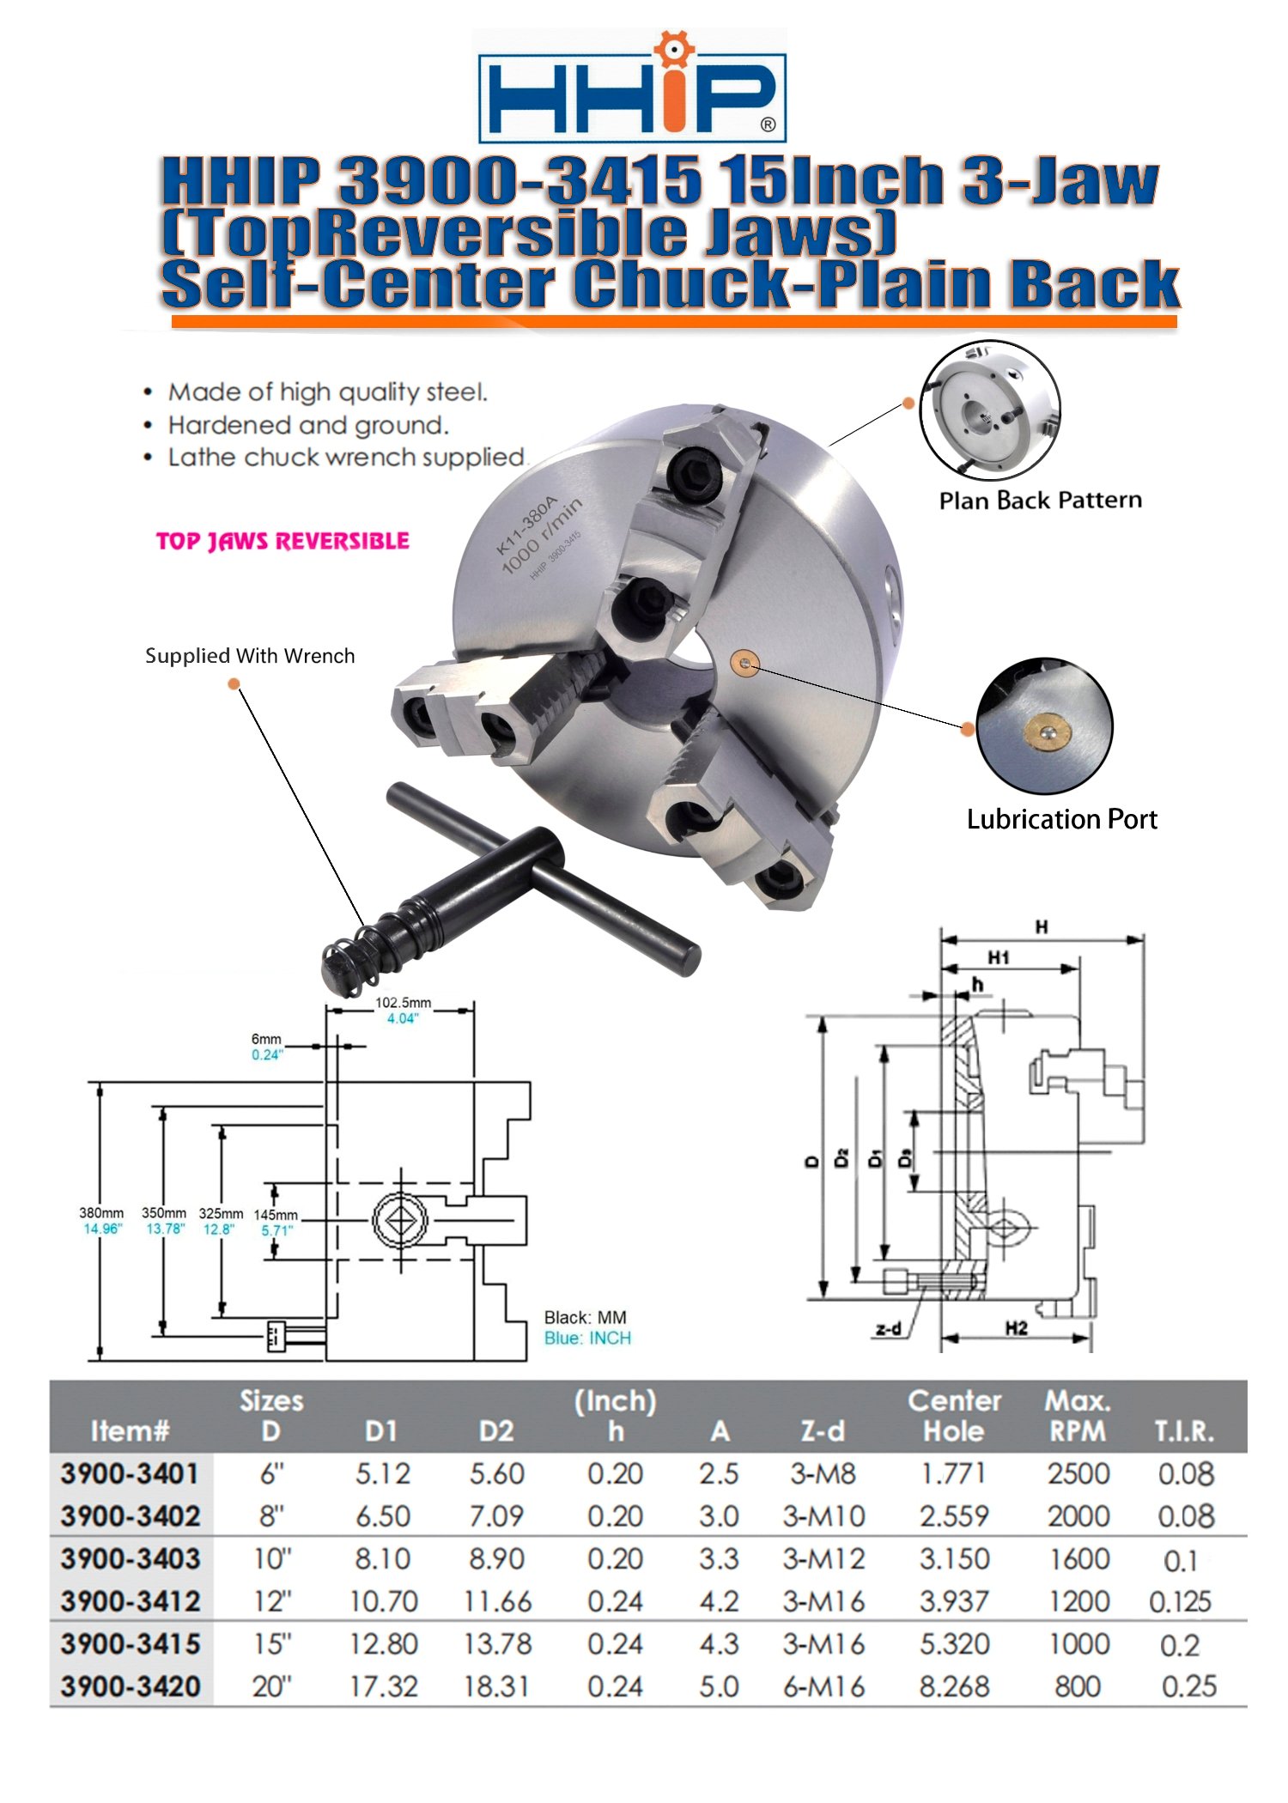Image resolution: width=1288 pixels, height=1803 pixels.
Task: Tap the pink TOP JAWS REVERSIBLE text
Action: [x=283, y=541]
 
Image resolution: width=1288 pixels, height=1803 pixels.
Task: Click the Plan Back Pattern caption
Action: [x=1040, y=501]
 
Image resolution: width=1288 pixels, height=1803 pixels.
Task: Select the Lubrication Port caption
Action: [x=1061, y=819]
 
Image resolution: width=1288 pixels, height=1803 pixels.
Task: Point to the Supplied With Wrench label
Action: [x=250, y=656]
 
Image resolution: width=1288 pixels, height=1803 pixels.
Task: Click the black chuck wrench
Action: [x=515, y=884]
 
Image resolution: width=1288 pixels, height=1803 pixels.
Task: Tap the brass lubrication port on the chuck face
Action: [x=744, y=663]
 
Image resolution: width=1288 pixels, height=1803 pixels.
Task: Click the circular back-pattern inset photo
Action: [x=990, y=409]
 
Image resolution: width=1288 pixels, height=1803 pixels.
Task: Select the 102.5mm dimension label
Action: [x=403, y=1003]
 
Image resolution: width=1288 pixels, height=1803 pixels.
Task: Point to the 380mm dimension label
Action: [x=101, y=1213]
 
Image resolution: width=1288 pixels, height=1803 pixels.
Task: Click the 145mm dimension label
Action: [x=276, y=1215]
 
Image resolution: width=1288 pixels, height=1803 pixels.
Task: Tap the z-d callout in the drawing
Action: [x=889, y=1329]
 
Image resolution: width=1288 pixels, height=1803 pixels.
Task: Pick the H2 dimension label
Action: [x=1016, y=1328]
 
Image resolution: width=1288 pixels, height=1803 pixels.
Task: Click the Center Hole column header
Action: [x=954, y=1416]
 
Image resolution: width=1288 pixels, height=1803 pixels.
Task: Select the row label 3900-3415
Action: [x=131, y=1644]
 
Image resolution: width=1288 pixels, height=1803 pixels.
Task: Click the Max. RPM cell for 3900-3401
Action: [x=1078, y=1474]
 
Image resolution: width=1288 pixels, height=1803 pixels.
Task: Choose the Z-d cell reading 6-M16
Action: [x=823, y=1686]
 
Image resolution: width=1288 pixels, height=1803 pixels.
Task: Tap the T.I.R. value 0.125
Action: [x=1180, y=1601]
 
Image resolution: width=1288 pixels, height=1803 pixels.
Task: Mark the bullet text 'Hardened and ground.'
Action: [x=308, y=425]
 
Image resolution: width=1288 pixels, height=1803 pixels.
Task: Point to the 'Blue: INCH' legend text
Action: [x=587, y=1338]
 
